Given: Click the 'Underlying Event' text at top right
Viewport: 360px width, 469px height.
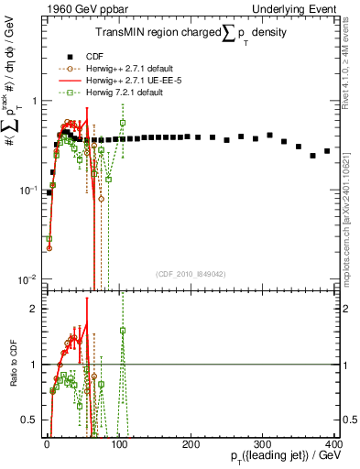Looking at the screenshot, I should click(x=307, y=10).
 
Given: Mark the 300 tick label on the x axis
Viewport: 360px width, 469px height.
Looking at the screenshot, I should click(x=263, y=443).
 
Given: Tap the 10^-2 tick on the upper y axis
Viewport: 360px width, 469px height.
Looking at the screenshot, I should click(x=25, y=278).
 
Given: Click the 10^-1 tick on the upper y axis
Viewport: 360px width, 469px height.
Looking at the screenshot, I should click(x=25, y=190).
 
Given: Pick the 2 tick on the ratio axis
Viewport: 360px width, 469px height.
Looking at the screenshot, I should click(x=32, y=309).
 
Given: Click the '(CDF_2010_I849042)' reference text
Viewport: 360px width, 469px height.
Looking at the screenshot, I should click(x=191, y=274).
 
